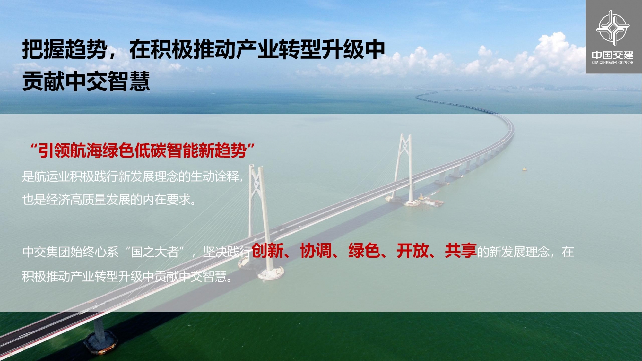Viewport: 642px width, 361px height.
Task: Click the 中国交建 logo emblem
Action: [612, 28]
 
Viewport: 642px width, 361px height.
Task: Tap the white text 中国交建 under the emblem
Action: [612, 55]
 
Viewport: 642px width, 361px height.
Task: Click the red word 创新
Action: [268, 251]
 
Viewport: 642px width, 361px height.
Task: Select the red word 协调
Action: [316, 251]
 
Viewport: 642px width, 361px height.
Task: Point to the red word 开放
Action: [412, 251]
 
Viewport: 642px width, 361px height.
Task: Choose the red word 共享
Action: [461, 251]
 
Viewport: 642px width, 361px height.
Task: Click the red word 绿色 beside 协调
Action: [364, 251]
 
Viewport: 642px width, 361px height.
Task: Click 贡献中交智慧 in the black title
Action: [86, 81]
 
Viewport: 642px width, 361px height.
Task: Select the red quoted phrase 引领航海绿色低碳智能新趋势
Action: [142, 150]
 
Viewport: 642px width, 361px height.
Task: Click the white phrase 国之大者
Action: [155, 252]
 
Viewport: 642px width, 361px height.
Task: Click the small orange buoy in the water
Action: [524, 169]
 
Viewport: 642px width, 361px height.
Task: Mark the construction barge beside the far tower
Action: [432, 201]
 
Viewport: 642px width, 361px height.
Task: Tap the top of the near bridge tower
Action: [256, 168]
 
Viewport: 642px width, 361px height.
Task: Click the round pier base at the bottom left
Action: [100, 343]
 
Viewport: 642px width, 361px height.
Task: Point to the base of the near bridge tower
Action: [271, 273]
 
